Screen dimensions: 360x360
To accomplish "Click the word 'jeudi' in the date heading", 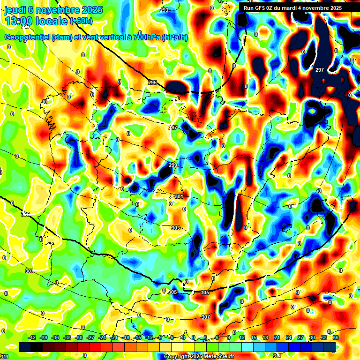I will point(15,10).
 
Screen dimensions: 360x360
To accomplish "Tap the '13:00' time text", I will point(19,21).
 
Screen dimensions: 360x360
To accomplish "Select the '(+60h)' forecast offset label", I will point(81,21).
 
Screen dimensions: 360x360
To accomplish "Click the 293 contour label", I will point(164,10).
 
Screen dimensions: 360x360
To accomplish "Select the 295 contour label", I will point(152,82).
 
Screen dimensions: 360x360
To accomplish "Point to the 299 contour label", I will point(173,165).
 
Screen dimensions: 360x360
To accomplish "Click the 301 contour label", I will point(179,196).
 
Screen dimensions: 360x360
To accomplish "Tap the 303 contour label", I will point(175,228).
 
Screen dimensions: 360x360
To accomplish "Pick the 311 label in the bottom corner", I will point(4,357).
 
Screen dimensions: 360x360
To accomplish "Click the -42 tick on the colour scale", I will point(32,337).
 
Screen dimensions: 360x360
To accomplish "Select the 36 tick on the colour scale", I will point(335,337).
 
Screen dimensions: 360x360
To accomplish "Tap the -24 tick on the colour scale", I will point(102,337).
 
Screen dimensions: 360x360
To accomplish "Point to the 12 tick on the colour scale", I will point(242,337).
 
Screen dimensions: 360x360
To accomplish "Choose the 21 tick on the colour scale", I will point(277,337).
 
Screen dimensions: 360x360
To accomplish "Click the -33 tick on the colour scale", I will point(67,337).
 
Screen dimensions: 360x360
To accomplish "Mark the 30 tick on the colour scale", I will point(312,337).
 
